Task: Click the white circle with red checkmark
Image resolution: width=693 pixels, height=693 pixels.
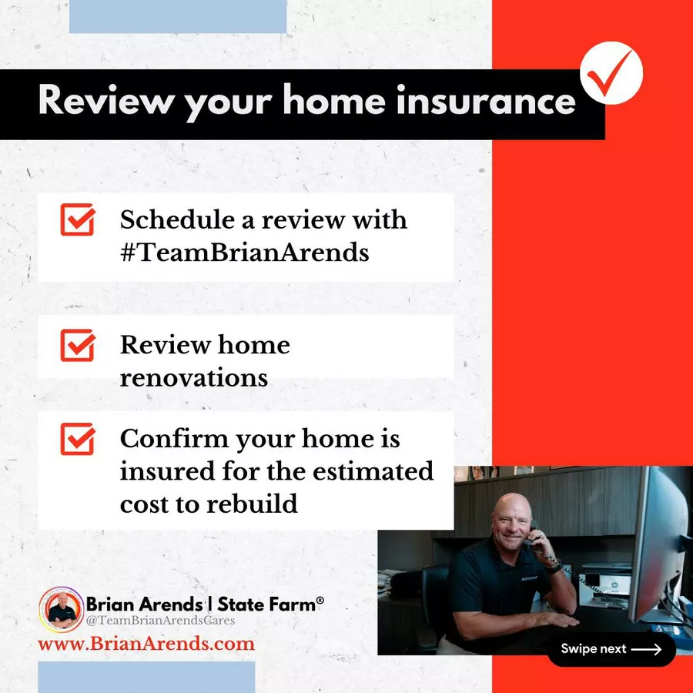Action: click(611, 73)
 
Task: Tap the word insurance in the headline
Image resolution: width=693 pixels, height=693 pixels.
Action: click(486, 100)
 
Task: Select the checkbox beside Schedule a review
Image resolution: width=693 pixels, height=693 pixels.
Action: click(77, 219)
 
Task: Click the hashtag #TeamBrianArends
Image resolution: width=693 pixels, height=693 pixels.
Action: click(244, 253)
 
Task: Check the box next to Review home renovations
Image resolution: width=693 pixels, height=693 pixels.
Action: click(77, 345)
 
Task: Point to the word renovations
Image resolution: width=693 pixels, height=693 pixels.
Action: click(193, 378)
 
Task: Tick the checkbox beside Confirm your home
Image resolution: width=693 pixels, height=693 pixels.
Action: click(77, 439)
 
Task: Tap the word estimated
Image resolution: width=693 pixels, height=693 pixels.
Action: click(373, 471)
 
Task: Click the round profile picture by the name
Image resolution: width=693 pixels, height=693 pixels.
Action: click(61, 610)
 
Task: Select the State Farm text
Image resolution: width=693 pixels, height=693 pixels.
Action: click(270, 604)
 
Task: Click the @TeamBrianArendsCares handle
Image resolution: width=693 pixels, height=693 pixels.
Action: click(160, 621)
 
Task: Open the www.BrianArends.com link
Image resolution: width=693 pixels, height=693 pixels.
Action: click(146, 644)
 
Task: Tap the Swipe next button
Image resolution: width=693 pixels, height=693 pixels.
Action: click(611, 649)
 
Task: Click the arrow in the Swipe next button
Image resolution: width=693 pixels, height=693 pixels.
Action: click(646, 649)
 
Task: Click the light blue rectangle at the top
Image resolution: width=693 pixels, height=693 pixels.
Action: click(178, 16)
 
